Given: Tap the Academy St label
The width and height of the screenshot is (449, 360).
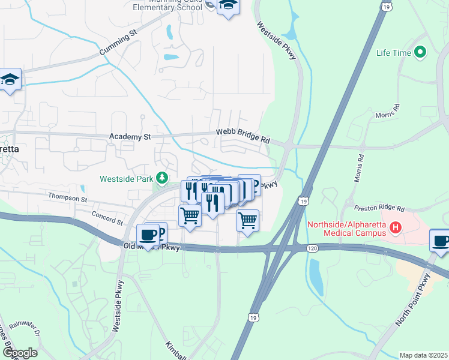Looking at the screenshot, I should point(130,137).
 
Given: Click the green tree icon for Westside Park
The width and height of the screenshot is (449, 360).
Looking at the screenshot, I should point(161,178).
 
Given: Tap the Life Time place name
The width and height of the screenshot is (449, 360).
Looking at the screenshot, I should point(394,53).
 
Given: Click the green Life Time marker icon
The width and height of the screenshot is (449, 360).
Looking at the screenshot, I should point(420,53).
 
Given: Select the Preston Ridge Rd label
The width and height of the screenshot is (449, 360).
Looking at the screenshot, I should point(380,208).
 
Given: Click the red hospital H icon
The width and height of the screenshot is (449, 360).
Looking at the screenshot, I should point(395,227).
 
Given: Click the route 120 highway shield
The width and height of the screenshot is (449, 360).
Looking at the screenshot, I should point(311,247).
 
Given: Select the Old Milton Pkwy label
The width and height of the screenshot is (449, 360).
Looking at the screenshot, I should point(151,247).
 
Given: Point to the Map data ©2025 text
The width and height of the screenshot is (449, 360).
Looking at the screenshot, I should point(423,355).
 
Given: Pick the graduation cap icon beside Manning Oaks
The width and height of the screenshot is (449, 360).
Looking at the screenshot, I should point(228,6).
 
